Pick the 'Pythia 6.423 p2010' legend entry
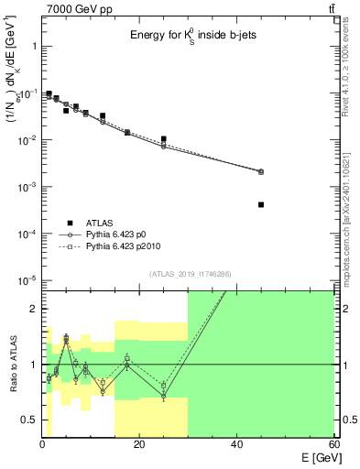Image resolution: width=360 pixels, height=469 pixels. click(x=128, y=246)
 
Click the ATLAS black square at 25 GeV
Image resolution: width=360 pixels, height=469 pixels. click(x=163, y=139)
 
